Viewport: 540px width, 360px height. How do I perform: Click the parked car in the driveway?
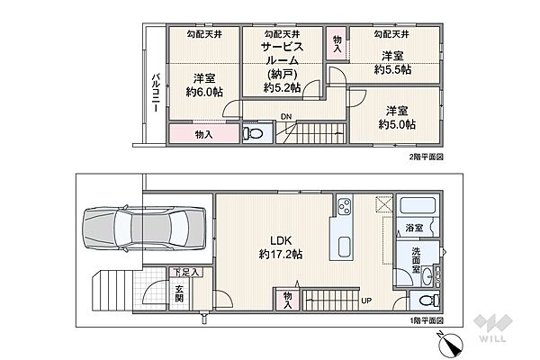(144, 228)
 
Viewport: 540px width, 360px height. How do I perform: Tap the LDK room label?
(281, 240)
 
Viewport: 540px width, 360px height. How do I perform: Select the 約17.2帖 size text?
(281, 254)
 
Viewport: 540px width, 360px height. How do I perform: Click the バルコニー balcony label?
(156, 93)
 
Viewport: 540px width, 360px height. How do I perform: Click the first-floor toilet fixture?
(429, 301)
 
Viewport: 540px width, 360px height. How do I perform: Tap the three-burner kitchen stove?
(345, 206)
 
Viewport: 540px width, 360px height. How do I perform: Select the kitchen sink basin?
(345, 247)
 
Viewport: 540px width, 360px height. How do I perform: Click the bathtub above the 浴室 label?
(418, 205)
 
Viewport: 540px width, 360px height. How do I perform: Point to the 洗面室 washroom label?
(416, 259)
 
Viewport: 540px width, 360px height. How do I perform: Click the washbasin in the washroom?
(427, 276)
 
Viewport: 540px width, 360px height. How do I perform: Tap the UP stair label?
(366, 301)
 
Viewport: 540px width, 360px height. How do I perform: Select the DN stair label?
(286, 117)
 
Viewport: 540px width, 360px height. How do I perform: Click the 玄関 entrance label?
(179, 293)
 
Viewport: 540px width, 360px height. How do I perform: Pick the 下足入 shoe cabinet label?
(186, 273)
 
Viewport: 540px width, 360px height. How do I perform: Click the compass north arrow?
(451, 345)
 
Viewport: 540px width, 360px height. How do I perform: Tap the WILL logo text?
(492, 338)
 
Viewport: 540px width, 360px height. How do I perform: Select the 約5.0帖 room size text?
(397, 124)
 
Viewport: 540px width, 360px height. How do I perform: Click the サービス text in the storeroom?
(283, 47)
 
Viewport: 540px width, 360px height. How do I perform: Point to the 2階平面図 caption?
(426, 157)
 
